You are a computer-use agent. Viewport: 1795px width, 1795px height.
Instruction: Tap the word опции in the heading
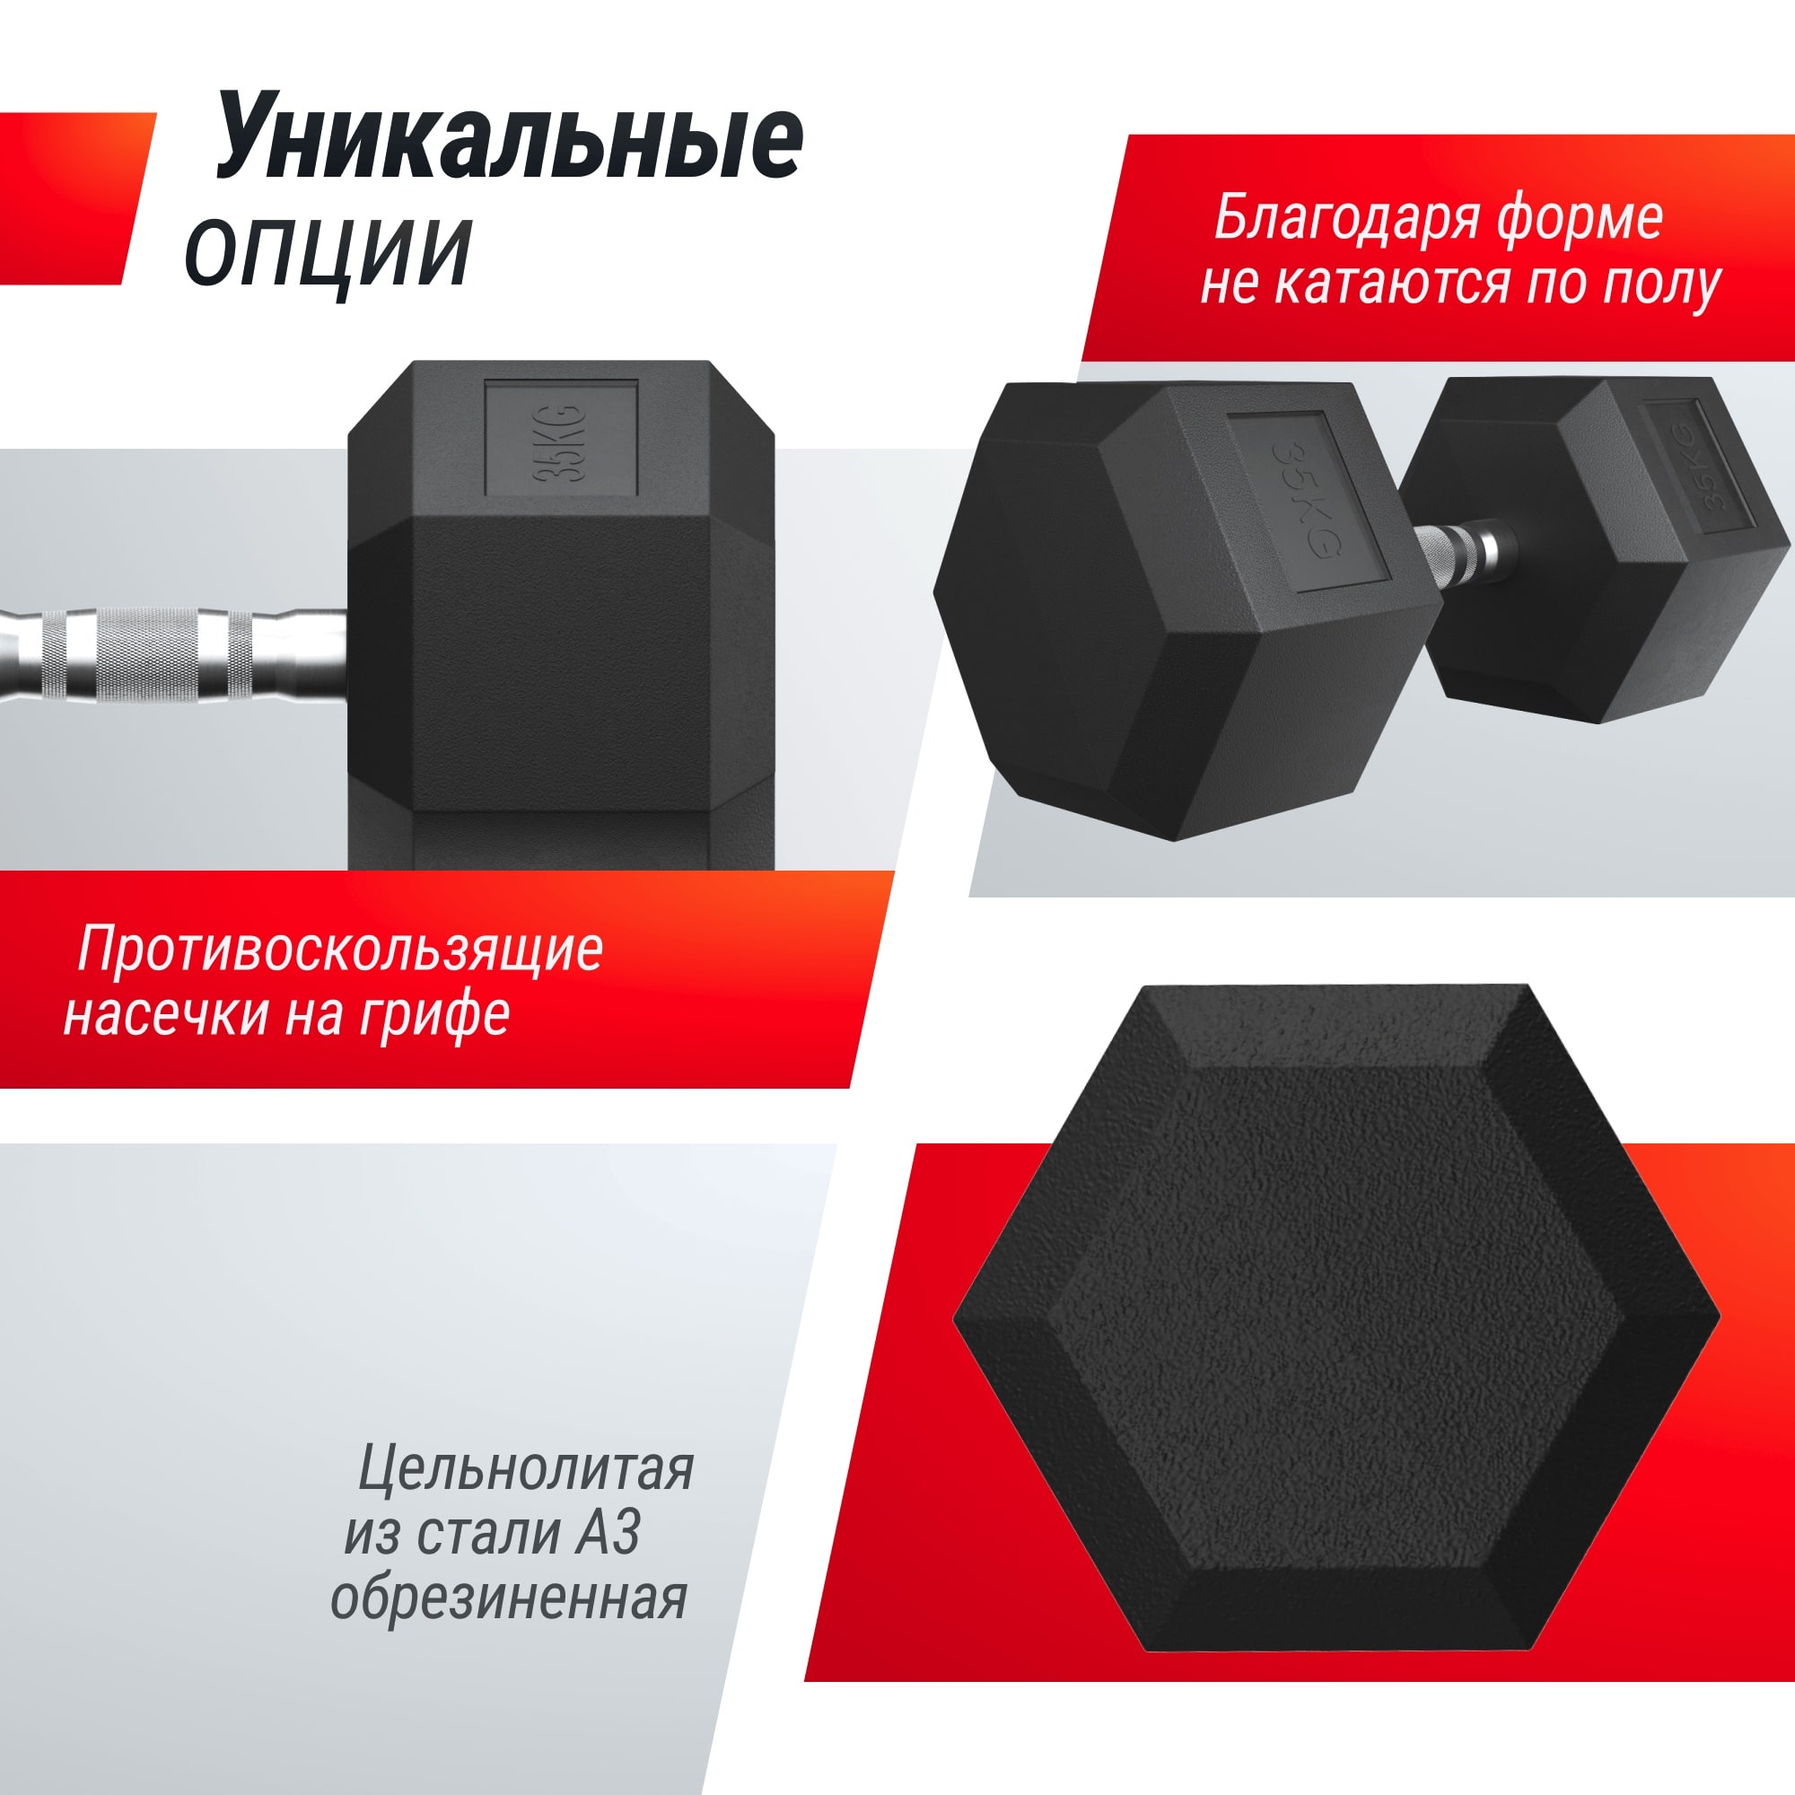click(327, 251)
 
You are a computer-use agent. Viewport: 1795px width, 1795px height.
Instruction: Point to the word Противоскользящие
click(340, 950)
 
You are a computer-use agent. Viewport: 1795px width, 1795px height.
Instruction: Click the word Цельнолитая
click(526, 1469)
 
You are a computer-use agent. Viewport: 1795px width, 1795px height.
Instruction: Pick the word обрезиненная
click(509, 1598)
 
